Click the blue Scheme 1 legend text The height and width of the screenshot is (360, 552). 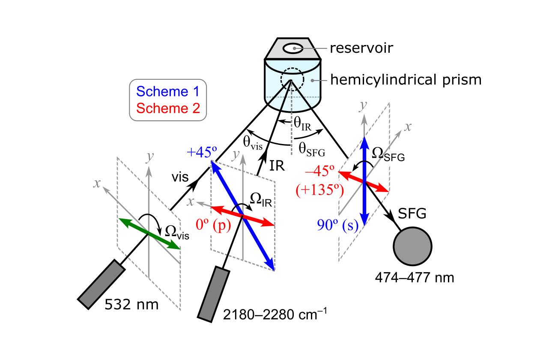pos(168,91)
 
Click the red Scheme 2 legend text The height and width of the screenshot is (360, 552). pos(168,108)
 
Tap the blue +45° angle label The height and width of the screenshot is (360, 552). pos(201,152)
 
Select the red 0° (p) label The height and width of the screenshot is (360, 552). pos(213,225)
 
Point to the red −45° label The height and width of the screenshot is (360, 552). pos(319,171)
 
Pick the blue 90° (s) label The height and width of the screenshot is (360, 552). pos(337,225)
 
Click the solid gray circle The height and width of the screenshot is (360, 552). pos(412,246)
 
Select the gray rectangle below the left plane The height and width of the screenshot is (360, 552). pos(101,284)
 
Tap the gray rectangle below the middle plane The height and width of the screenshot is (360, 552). pos(214,294)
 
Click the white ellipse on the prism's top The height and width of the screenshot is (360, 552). pos(293,48)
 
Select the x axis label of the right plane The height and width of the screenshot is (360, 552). pos(408,126)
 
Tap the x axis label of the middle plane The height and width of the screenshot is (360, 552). pos(191,201)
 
